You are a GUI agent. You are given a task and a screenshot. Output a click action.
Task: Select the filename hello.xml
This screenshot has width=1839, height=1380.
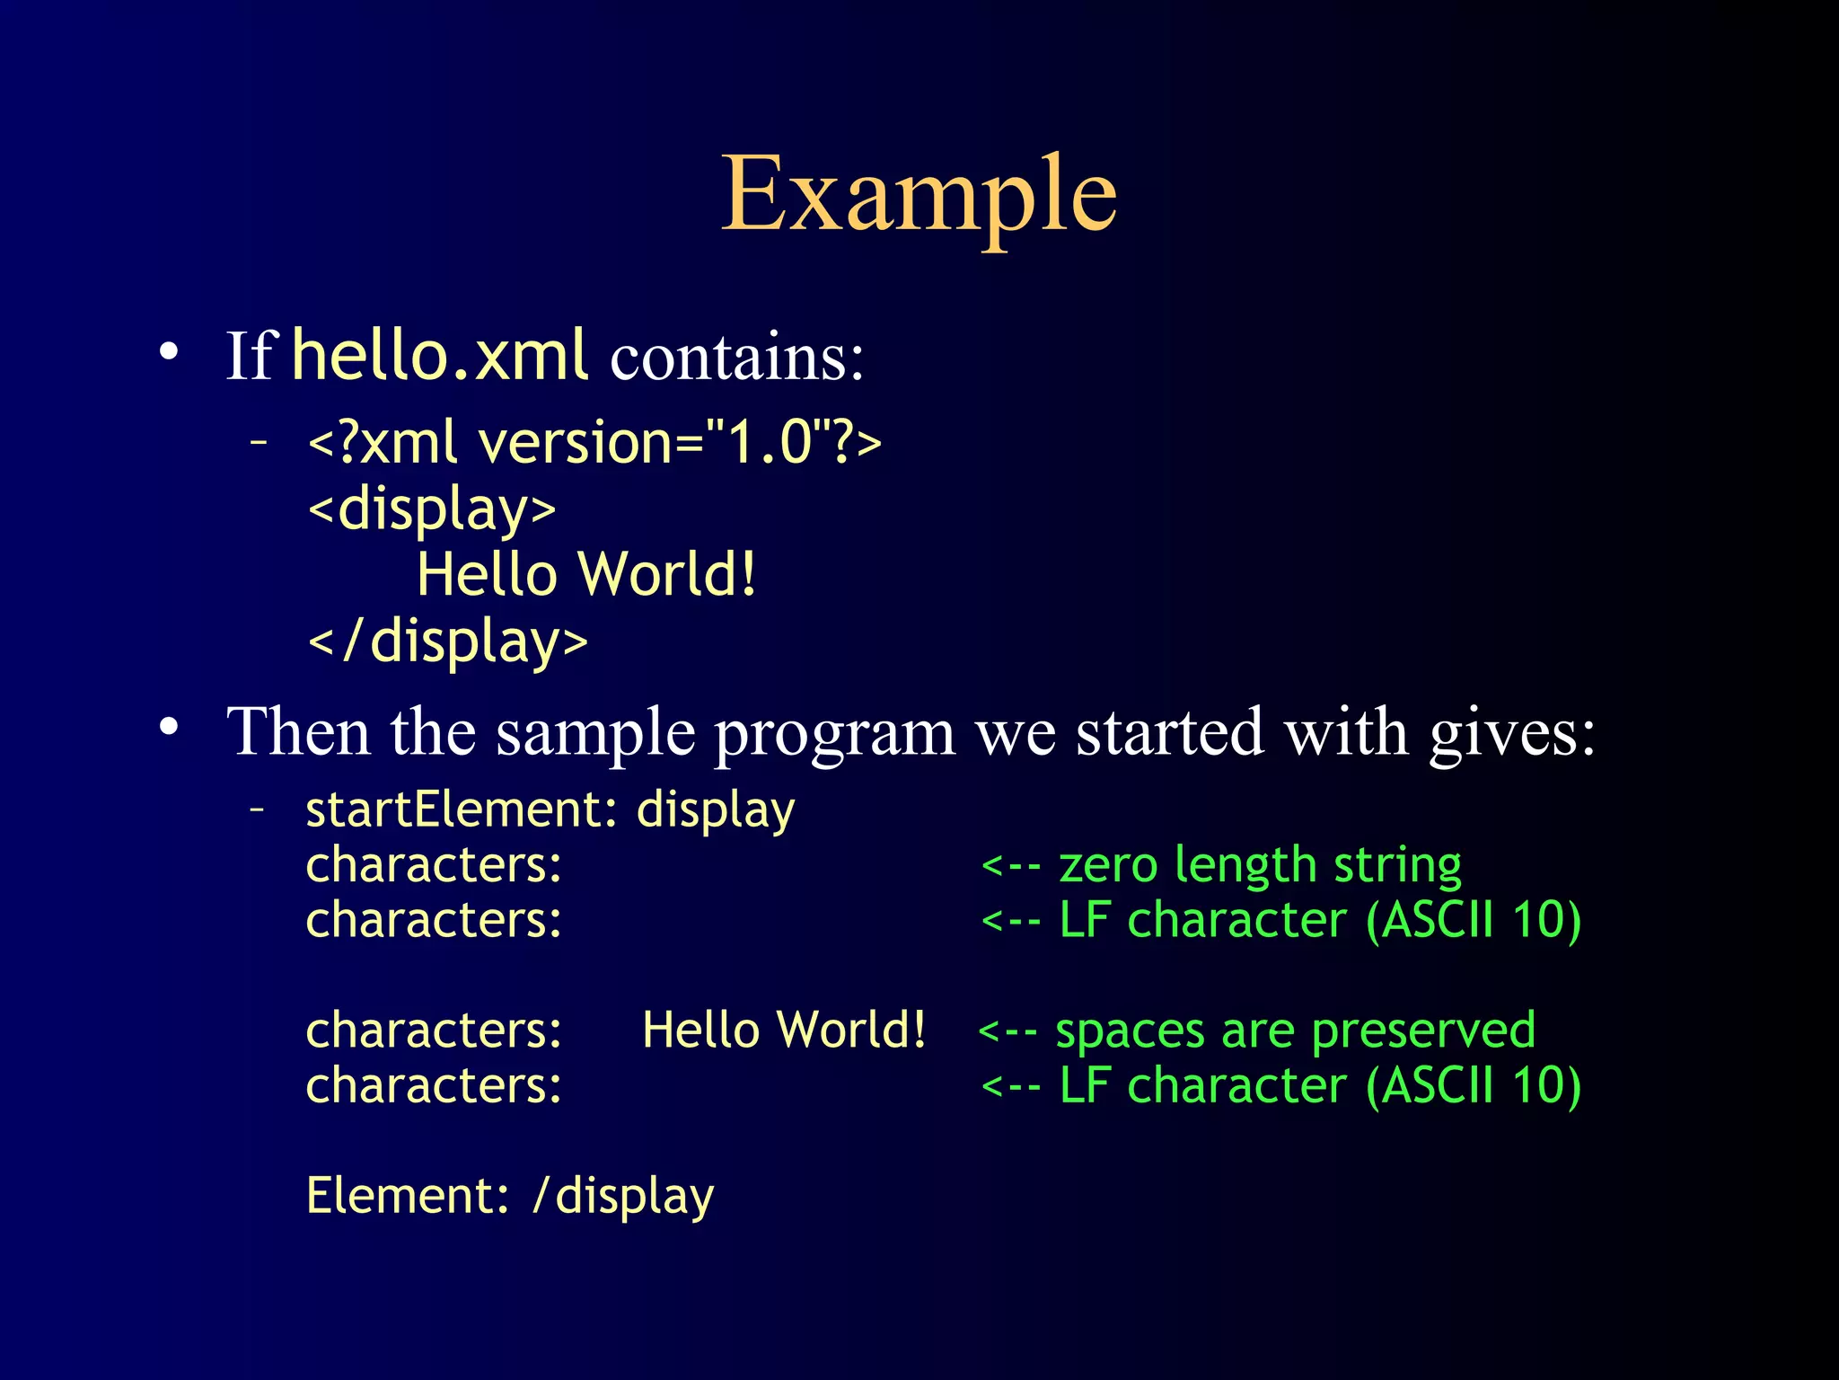(x=440, y=356)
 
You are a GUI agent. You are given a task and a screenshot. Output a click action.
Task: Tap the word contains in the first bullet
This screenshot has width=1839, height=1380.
(x=736, y=358)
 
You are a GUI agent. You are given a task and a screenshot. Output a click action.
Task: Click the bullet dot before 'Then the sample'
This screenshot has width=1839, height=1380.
(x=169, y=727)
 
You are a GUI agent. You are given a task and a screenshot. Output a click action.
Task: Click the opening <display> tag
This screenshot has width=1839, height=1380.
(x=432, y=509)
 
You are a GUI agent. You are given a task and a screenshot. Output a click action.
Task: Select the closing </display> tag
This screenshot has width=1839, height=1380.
(x=447, y=641)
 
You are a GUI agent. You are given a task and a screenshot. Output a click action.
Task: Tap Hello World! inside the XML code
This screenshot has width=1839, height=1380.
(x=586, y=575)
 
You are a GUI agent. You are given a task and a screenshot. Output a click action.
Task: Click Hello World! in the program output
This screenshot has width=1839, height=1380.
(x=784, y=1030)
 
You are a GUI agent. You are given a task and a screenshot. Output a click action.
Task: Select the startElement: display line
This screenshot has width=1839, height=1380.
(x=550, y=809)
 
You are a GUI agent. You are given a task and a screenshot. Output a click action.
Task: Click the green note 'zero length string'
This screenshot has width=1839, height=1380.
(x=1259, y=865)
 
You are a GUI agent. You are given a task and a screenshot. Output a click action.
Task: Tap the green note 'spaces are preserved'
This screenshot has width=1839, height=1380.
(x=1295, y=1031)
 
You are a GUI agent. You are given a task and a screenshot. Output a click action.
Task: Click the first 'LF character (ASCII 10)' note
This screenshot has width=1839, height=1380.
(x=1319, y=921)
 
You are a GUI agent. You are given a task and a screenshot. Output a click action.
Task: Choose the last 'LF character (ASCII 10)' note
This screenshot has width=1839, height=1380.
(x=1319, y=1086)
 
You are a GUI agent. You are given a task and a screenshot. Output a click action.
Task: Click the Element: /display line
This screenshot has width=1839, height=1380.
(x=509, y=1196)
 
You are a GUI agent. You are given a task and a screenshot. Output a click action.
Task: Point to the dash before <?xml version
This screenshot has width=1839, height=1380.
(x=259, y=441)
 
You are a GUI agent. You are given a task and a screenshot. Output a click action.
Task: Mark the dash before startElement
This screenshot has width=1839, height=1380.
(x=259, y=809)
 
